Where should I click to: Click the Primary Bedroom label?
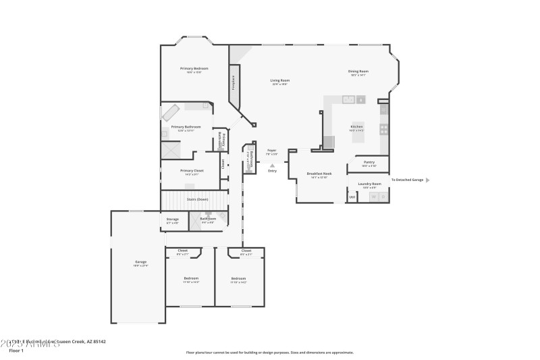194,69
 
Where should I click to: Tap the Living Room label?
280,81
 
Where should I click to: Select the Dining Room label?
358,72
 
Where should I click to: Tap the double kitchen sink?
349,100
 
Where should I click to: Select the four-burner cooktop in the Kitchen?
383,127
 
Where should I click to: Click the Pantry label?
369,162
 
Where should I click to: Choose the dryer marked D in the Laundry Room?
382,197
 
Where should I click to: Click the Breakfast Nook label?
319,174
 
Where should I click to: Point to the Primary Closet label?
191,171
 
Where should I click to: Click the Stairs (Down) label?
197,199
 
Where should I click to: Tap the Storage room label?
173,220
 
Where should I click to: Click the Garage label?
140,262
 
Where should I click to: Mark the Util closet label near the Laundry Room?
352,197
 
